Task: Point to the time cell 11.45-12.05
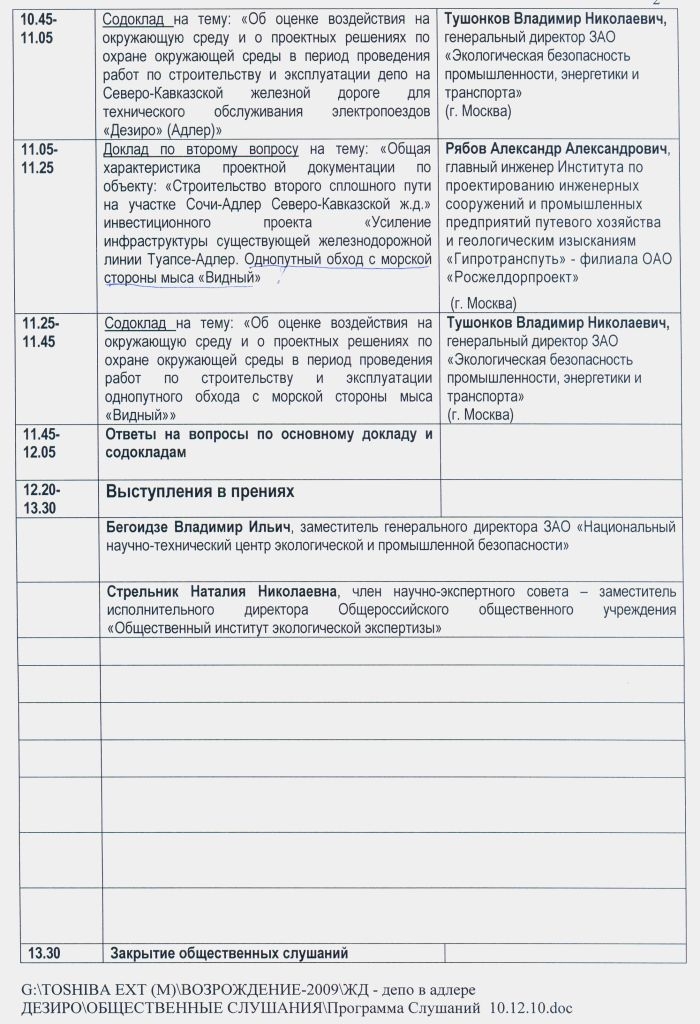(41, 443)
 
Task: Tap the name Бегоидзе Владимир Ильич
(198, 527)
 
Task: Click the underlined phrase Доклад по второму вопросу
(201, 149)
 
